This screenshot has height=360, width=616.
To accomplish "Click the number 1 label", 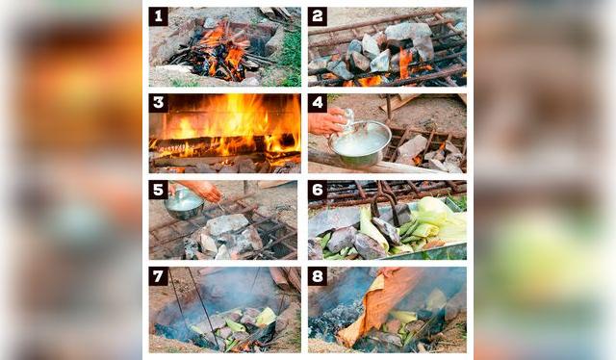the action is [158, 16].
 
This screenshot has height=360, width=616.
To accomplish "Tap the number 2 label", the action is [318, 16].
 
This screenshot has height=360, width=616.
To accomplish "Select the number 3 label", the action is [158, 103].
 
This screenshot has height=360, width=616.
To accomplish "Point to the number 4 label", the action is [318, 103].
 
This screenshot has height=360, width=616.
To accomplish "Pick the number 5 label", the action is [158, 190].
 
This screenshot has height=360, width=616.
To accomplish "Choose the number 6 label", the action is [318, 190].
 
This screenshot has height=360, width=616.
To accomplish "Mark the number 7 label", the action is [158, 276].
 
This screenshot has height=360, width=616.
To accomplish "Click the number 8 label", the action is [318, 276].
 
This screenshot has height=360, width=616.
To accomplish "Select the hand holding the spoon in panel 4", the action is [327, 122].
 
